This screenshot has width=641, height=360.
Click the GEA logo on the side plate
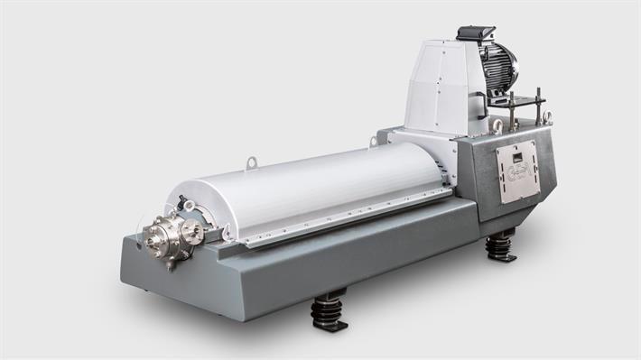tap(517, 173)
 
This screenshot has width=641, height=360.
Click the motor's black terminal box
tap(476, 34)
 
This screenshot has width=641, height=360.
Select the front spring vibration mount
tap(328, 311)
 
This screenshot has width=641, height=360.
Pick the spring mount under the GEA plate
tap(501, 245)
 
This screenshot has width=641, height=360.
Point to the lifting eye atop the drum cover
tap(251, 162)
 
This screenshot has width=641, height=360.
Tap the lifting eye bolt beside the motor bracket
tap(546, 116)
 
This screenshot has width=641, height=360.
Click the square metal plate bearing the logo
tap(517, 171)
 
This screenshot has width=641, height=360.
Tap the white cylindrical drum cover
tap(316, 185)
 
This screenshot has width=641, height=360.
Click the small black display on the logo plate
tap(516, 157)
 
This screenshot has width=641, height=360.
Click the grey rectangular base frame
tap(298, 262)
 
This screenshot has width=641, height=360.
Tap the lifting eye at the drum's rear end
tap(373, 142)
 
